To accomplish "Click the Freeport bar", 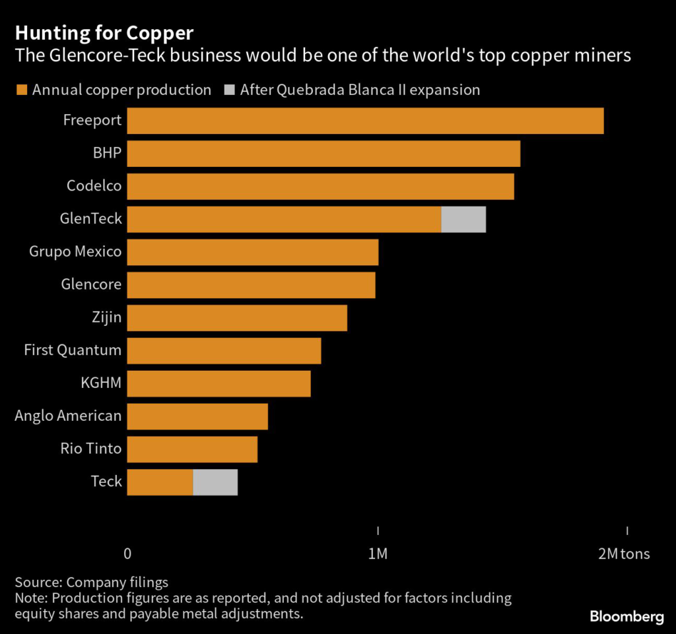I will coord(365,121).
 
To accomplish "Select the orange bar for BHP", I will coord(323,154).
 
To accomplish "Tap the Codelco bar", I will coord(320,186).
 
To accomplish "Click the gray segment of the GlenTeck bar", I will coord(463,219).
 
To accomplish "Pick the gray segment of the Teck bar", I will coord(215,482).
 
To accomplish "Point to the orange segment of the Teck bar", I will coord(160,482).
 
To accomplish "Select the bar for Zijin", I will coord(237,318).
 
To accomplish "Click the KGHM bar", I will coord(219,383).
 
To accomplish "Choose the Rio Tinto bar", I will coord(192,449).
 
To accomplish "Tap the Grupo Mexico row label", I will coord(75,251).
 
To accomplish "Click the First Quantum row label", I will coord(73,350).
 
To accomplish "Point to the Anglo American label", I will coord(68,416).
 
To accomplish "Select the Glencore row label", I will coord(91,284).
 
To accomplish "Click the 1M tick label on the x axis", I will coord(377,554).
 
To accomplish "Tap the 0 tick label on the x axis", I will coord(127,554).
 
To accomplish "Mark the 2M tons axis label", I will coord(624,554).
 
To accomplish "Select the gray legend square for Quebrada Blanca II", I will coord(229,90).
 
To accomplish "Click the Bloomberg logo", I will coord(626,617).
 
